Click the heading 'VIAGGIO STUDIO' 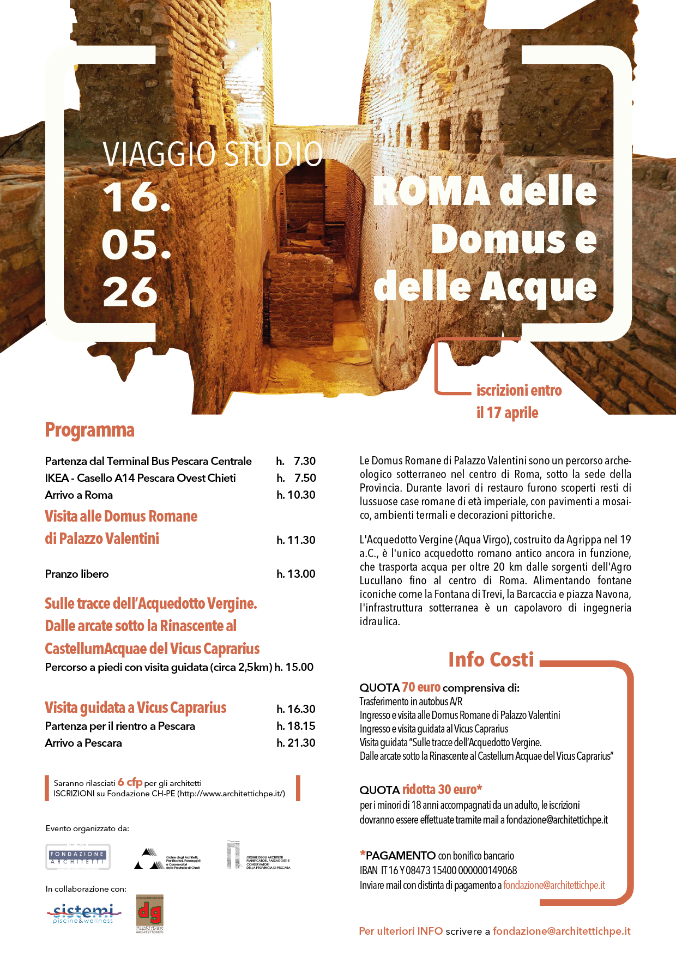213,154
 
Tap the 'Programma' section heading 89,430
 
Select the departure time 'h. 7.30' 295,461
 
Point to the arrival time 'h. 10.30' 295,495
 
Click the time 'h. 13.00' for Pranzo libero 295,574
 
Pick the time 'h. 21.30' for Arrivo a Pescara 295,743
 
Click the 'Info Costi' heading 491,659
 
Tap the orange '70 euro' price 421,687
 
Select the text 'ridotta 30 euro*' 442,789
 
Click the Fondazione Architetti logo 77,857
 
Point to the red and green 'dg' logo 149,913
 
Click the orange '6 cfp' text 130,782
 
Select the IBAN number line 438,870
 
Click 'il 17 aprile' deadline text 507,413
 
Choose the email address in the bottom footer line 562,931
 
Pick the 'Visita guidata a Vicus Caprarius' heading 135,707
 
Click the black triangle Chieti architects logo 147,858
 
